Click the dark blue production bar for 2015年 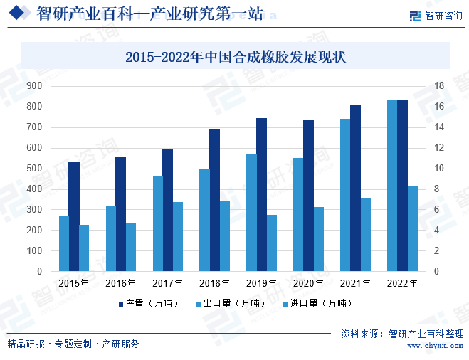74,216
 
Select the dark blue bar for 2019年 262,194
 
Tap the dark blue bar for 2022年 403,185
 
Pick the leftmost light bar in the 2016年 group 111,238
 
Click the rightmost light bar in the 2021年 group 366,234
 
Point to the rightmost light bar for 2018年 225,235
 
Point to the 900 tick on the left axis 35,86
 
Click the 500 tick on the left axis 35,169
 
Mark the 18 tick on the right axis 439,86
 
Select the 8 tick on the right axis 437,189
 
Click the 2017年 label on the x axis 168,283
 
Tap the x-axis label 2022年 402,283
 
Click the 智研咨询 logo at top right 436,16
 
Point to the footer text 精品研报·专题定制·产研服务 73,344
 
